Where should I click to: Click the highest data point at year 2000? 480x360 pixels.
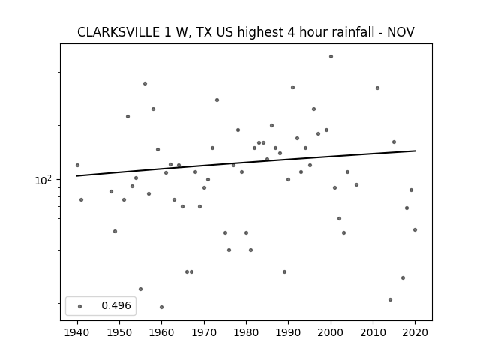(331, 57)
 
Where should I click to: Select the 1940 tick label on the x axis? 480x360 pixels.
(77, 332)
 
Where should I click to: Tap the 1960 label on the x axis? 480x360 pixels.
(162, 332)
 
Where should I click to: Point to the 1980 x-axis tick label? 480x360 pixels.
(246, 332)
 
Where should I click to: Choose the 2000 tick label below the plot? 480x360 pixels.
(331, 332)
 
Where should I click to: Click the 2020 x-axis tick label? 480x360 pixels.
(415, 332)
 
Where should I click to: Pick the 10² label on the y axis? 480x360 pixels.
(43, 180)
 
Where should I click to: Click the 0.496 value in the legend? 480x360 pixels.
(116, 305)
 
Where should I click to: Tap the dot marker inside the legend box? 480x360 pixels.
(80, 306)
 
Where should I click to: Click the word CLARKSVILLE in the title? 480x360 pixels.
(118, 32)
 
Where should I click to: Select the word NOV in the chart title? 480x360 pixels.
(400, 32)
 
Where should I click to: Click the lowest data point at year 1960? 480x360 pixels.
(162, 307)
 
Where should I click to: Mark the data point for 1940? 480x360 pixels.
(77, 165)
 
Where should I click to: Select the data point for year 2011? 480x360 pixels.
(377, 88)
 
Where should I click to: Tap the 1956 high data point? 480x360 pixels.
(145, 83)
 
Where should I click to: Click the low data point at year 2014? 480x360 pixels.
(390, 299)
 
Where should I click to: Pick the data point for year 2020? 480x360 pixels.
(415, 230)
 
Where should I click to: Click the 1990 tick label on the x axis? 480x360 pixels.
(288, 332)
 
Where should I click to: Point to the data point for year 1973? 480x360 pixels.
(217, 100)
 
